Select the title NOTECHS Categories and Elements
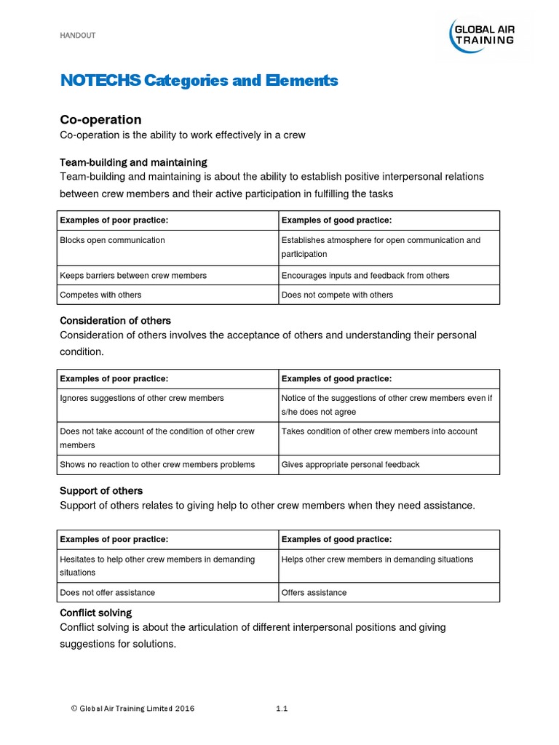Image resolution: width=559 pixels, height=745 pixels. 199,81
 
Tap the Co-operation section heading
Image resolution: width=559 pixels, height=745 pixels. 100,119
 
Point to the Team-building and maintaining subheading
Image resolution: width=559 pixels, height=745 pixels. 133,162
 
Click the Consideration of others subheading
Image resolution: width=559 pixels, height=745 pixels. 115,320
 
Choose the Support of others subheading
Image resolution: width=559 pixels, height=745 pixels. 101,490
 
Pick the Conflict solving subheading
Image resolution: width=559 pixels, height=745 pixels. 95,613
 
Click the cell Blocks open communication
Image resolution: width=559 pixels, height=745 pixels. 112,240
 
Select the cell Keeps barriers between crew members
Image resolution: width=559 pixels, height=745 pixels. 133,276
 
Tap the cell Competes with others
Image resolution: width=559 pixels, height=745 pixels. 100,295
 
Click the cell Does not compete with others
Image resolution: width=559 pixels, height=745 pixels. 337,295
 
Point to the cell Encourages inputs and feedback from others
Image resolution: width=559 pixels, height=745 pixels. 365,276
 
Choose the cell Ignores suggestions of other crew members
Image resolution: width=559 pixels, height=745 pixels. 142,398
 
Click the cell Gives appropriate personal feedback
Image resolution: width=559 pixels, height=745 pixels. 350,464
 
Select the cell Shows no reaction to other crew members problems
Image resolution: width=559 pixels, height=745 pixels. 157,464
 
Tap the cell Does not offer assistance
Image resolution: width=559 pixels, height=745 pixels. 107,592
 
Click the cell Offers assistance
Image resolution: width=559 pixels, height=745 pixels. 314,592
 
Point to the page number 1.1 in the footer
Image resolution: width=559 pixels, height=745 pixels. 282,708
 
